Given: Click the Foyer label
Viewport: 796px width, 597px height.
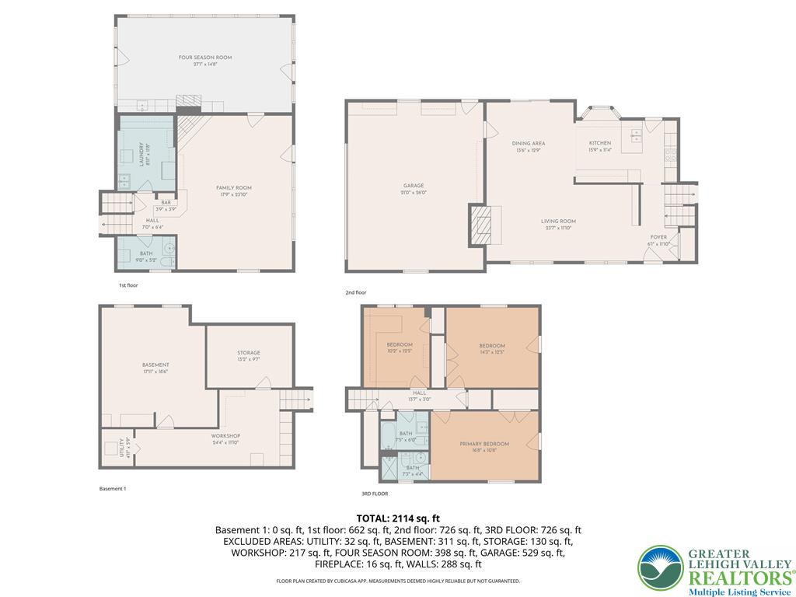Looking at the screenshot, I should coord(659,239).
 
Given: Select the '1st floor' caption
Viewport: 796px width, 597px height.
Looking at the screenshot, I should coord(128,285).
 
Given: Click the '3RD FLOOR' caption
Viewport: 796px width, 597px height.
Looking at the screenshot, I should coord(374,494).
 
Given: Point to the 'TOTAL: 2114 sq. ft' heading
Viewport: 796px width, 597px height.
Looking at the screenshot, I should coord(398,518).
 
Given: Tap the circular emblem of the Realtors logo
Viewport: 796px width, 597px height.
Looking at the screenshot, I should coord(661,569).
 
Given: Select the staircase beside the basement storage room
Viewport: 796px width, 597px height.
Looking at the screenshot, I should coord(296,400).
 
